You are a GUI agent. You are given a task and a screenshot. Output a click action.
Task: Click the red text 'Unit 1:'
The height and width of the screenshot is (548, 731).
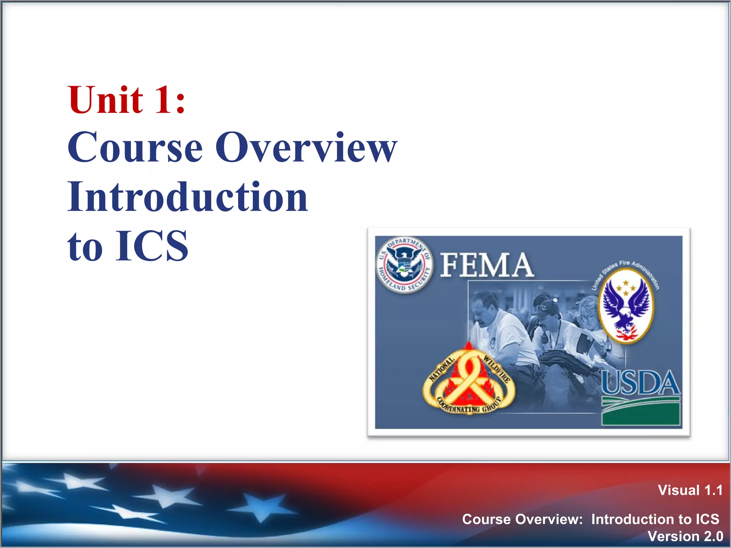tap(127, 100)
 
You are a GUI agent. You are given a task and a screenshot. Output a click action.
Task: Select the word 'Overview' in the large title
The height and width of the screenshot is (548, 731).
tap(306, 147)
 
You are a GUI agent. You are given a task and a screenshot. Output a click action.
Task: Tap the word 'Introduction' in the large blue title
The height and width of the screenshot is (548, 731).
tap(187, 197)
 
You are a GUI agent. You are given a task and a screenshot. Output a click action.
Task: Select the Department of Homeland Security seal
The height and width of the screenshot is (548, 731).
tap(404, 265)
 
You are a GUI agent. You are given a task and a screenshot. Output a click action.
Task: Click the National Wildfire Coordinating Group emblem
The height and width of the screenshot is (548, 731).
tap(469, 382)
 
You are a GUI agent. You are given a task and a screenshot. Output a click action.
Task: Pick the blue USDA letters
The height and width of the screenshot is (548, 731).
tap(641, 383)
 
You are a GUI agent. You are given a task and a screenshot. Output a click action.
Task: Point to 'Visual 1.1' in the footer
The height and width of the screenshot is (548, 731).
tap(690, 490)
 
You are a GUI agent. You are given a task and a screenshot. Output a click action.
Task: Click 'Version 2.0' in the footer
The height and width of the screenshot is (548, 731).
tap(685, 537)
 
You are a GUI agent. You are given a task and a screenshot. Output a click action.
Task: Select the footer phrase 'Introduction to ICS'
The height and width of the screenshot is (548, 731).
tap(655, 519)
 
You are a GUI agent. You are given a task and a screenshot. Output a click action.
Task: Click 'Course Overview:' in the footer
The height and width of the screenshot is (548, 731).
tap(522, 519)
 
